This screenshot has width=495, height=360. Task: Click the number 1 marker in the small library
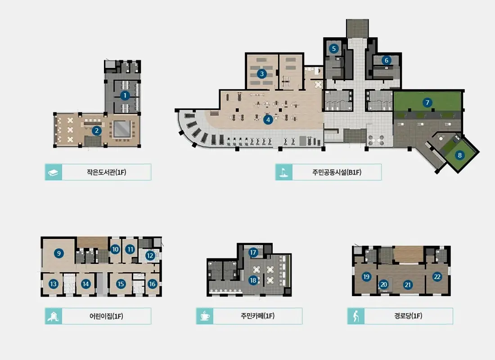click(x=125, y=95)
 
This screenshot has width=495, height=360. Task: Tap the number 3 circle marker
click(x=262, y=74)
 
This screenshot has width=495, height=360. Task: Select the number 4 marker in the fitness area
click(x=268, y=120)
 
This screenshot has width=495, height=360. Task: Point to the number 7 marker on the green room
click(x=427, y=102)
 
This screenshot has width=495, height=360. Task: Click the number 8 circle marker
click(x=459, y=155)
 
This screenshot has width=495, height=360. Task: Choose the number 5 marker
click(x=334, y=49)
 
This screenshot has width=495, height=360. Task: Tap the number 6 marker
click(x=387, y=60)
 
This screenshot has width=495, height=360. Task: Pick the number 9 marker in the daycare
click(x=58, y=253)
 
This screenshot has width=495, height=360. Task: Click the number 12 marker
click(x=150, y=256)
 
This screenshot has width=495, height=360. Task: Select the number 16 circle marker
click(x=152, y=284)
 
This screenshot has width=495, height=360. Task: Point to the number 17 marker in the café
click(x=253, y=252)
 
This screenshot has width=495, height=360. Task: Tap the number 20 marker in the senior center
click(x=383, y=284)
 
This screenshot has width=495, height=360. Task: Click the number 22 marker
click(x=437, y=277)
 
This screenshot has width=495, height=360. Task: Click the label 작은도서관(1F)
click(x=106, y=172)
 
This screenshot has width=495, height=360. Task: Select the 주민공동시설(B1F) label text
click(x=337, y=172)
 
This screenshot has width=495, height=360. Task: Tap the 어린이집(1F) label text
click(x=106, y=316)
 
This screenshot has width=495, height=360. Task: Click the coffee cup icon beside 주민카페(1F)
click(x=205, y=316)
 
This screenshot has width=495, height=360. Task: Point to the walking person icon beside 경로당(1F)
click(x=356, y=316)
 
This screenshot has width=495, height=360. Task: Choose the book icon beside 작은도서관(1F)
click(x=54, y=172)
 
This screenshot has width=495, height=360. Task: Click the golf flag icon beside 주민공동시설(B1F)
click(x=284, y=172)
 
